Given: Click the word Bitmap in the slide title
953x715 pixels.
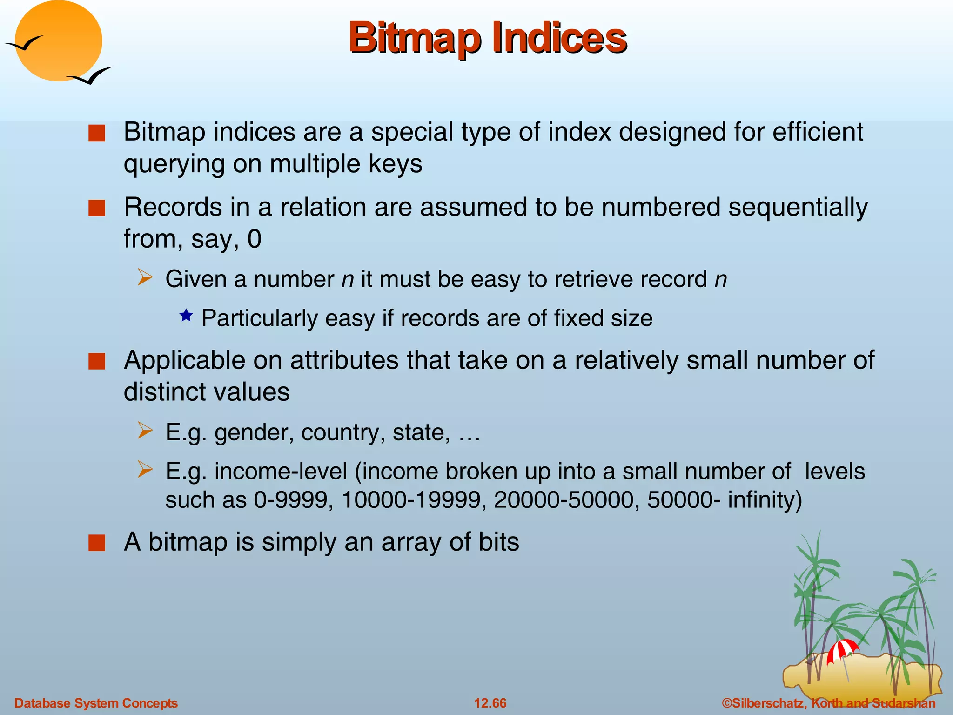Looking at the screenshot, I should tap(414, 38).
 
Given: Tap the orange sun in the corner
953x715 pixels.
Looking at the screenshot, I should tap(58, 41).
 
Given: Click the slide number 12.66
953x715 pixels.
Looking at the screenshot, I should tap(490, 703).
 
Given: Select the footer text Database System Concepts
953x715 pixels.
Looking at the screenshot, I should tap(96, 703).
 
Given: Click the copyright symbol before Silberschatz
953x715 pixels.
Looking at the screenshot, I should tap(726, 703).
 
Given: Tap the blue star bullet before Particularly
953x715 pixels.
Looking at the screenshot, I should tap(186, 316).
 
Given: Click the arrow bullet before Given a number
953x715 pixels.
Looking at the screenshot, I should tap(145, 278).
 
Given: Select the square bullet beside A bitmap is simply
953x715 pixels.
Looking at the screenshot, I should tap(97, 543).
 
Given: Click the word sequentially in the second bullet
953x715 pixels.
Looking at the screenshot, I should tap(798, 207).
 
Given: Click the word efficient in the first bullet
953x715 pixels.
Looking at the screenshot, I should tap(818, 132).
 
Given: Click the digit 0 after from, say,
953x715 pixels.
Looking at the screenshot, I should tap(254, 239).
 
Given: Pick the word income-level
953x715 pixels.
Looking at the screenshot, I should tap(281, 472).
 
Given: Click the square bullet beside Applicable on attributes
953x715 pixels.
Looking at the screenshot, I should tap(97, 361).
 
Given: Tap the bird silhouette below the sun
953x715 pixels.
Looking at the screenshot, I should tap(89, 76).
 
